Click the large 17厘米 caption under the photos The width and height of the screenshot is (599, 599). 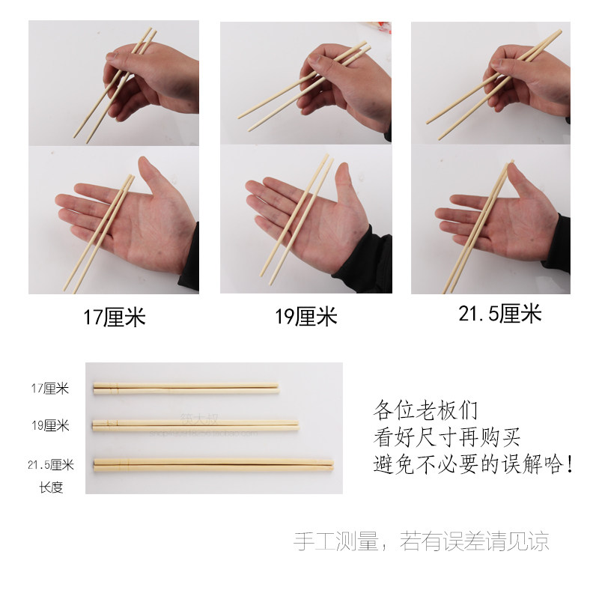(115, 317)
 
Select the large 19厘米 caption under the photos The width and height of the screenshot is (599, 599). (306, 316)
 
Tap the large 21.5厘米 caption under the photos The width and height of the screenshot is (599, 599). (499, 313)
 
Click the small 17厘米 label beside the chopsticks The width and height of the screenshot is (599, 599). (49, 389)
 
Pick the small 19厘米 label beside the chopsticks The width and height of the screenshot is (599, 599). (50, 425)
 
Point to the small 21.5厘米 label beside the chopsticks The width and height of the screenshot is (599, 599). (51, 464)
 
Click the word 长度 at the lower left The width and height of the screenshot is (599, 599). (51, 487)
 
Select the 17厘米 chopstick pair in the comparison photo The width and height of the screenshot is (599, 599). (186, 388)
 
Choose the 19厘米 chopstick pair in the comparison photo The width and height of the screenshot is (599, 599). (195, 425)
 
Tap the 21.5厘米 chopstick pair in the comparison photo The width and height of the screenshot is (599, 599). (213, 464)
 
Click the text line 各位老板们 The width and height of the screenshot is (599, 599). (425, 410)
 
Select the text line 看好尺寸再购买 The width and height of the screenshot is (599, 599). (446, 437)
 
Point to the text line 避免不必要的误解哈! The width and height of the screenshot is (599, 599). (473, 464)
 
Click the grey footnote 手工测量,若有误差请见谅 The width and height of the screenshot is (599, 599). (422, 541)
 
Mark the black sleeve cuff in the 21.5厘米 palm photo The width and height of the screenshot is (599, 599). (557, 245)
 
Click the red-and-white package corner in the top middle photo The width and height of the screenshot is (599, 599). (377, 27)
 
